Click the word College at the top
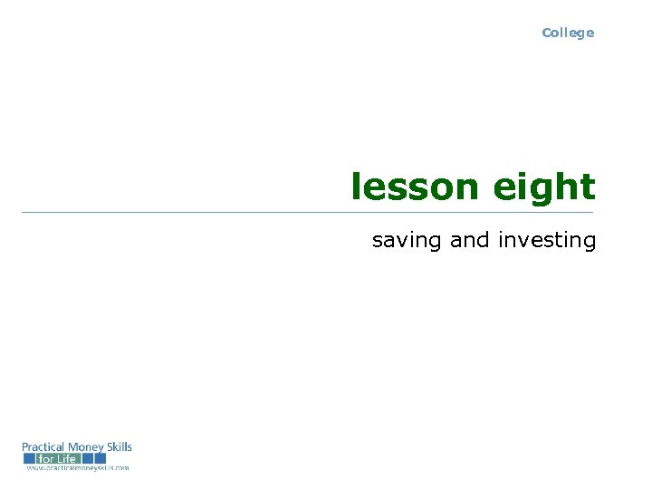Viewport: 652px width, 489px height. [x=568, y=33]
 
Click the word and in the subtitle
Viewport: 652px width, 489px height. [x=469, y=240]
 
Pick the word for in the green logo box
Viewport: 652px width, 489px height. [x=45, y=459]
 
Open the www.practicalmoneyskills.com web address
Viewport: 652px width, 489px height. [x=77, y=468]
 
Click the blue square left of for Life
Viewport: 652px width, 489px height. [x=29, y=459]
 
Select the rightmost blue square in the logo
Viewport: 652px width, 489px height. [x=100, y=459]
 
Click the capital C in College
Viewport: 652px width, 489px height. [x=547, y=33]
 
